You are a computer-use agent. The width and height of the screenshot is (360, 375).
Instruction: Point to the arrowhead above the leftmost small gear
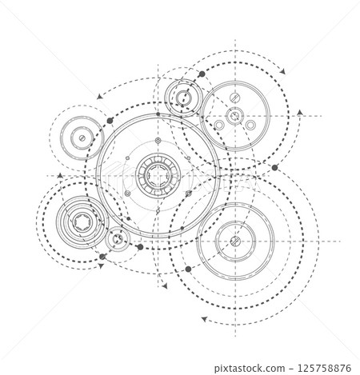pos(99,95)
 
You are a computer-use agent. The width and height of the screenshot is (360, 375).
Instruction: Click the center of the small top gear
pos(182,99)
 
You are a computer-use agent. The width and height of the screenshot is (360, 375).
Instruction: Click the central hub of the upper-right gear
pos(233,118)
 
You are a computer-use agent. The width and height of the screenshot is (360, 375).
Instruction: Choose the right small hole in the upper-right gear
pos(250,126)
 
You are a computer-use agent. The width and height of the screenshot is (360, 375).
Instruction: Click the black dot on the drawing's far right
pos(275,168)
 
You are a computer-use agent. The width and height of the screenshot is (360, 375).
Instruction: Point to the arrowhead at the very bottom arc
pos(207,319)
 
